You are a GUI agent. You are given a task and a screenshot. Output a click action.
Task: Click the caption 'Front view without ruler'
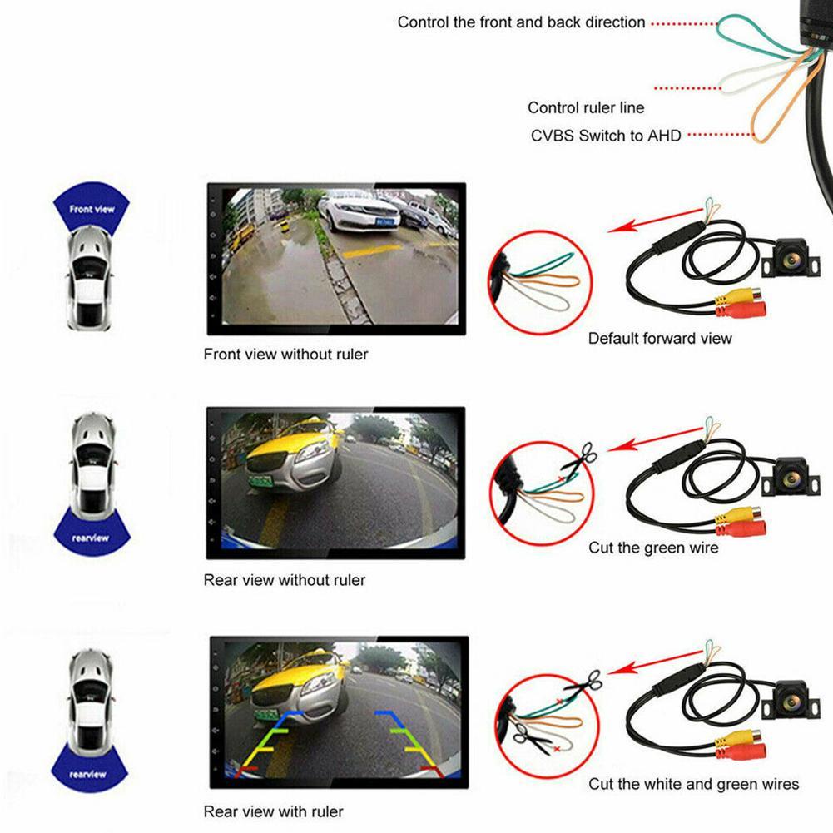(x=285, y=355)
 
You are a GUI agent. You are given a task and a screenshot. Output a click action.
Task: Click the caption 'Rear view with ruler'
(x=273, y=811)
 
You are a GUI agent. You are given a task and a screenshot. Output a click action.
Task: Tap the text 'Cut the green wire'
(x=653, y=548)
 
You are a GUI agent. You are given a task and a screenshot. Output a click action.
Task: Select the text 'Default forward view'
(x=660, y=338)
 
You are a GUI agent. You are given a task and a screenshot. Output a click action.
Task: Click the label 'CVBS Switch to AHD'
(x=606, y=135)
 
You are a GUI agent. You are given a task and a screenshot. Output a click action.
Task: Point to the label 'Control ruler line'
(x=586, y=107)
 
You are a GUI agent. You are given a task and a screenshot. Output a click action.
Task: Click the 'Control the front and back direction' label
(x=521, y=22)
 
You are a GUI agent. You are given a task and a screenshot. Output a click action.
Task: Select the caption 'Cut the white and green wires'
(x=693, y=784)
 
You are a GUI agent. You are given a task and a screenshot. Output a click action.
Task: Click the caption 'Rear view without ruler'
(x=284, y=580)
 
